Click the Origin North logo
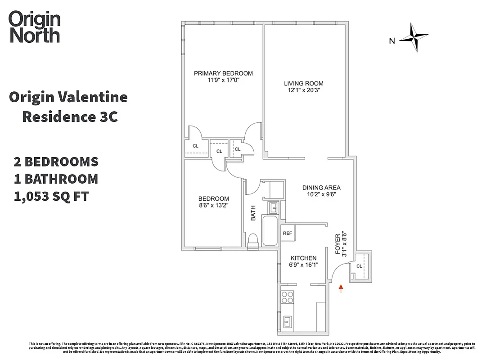pyautogui.click(x=34, y=27)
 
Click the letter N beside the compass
pyautogui.click(x=392, y=41)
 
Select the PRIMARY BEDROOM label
pyautogui.click(x=223, y=73)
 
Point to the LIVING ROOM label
pyautogui.click(x=303, y=83)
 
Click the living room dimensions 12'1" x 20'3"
pyautogui.click(x=303, y=90)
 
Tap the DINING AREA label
pyautogui.click(x=321, y=188)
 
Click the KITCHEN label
pyautogui.click(x=303, y=258)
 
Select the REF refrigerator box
pyautogui.click(x=287, y=233)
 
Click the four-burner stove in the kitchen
pyautogui.click(x=287, y=297)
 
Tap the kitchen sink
pyautogui.click(x=288, y=321)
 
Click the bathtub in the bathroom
pyautogui.click(x=270, y=230)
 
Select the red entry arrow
pyautogui.click(x=341, y=288)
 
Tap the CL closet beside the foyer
pyautogui.click(x=359, y=266)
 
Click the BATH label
pyautogui.click(x=253, y=213)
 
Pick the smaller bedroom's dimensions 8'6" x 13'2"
pyautogui.click(x=214, y=206)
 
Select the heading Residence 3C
pyautogui.click(x=70, y=117)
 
